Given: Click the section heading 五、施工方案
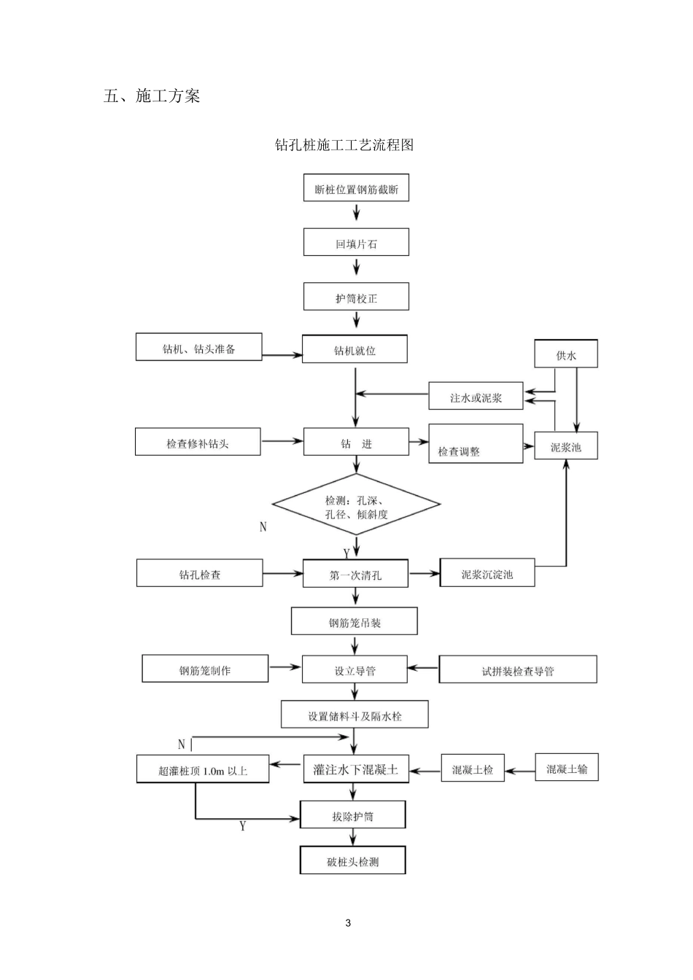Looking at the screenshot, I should tap(152, 96).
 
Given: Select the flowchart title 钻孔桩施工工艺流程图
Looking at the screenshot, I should tap(344, 145).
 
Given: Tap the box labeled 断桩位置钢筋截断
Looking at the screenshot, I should tap(356, 189).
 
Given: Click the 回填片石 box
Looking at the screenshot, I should tap(356, 243).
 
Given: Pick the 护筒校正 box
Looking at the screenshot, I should tap(356, 297).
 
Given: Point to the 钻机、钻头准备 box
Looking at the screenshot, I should tap(198, 348).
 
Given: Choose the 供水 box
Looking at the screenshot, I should tap(565, 354).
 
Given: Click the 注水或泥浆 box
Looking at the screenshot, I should tap(476, 397).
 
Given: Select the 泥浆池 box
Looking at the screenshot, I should tap(565, 446).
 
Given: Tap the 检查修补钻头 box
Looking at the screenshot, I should tap(198, 443).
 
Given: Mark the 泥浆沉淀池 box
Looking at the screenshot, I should tap(487, 574).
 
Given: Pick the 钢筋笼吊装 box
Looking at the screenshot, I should tap(355, 622).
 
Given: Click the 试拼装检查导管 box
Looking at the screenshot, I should tap(517, 670).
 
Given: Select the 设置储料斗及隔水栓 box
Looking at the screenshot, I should tap(355, 715).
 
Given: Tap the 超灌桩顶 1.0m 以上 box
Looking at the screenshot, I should tap(202, 770).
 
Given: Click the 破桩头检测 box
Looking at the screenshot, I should tap(352, 861).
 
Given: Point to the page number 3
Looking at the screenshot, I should tap(347, 923).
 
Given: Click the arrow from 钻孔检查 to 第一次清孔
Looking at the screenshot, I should tap(282, 574).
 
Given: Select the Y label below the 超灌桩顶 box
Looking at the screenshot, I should tap(243, 826).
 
